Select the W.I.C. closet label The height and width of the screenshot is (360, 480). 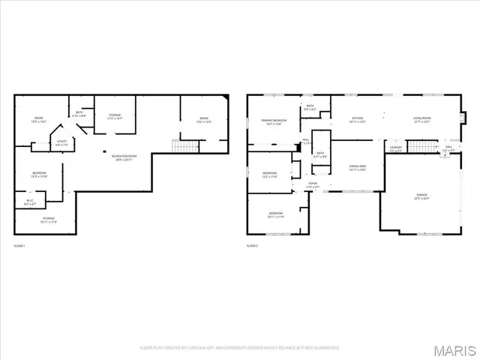[29, 201]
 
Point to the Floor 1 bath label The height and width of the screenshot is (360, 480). [80, 115]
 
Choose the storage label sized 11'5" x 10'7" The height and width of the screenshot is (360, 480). [115, 117]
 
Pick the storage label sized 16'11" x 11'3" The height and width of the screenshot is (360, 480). [48, 220]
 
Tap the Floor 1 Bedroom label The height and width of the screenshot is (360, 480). [40, 175]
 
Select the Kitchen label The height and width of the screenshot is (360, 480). [358, 119]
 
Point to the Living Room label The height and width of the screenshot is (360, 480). [421, 119]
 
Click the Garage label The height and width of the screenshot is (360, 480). [422, 197]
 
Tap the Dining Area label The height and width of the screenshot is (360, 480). [357, 168]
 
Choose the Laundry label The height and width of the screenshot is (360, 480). [396, 149]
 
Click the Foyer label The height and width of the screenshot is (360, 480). [313, 185]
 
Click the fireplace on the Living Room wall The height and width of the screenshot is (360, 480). [463, 118]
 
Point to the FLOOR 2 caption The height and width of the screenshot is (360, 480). [252, 246]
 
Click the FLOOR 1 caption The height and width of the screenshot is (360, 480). [19, 246]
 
